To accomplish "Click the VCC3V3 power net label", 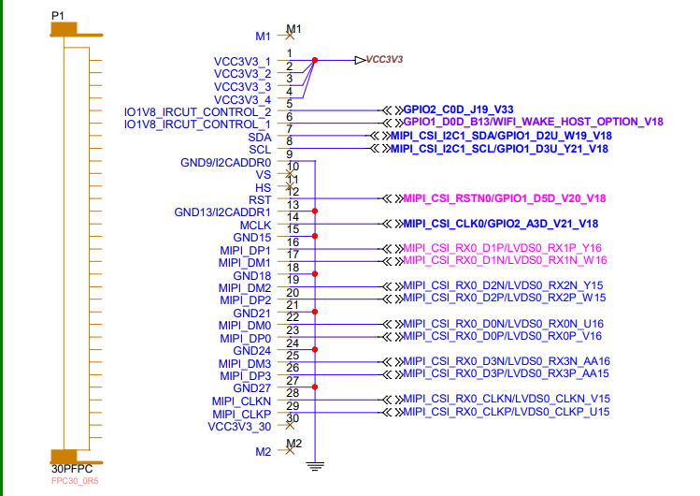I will click(384, 60).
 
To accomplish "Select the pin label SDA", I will click(259, 137).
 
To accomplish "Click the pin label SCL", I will click(260, 150).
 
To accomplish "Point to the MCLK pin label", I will click(254, 226).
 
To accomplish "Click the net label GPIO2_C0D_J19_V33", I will click(458, 109).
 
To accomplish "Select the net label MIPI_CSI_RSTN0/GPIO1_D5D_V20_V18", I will click(505, 198).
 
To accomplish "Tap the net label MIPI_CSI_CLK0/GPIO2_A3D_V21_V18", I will click(501, 224).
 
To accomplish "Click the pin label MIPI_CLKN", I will click(241, 401).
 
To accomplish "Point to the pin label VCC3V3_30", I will click(239, 427).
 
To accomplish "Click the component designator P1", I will click(58, 16).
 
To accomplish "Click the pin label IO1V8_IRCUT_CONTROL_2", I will click(197, 111).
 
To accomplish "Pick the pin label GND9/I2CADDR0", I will click(225, 162).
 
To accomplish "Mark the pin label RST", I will click(260, 200).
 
